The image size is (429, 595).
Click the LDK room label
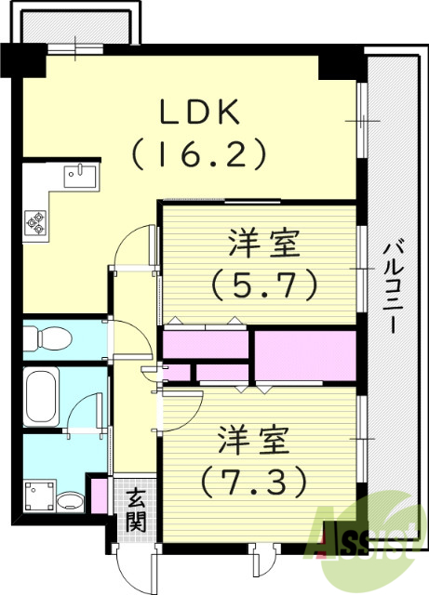(201, 113)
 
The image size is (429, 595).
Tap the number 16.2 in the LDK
(200, 152)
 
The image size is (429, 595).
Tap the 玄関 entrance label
(137, 509)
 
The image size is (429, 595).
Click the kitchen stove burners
(36, 221)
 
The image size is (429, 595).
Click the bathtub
(42, 397)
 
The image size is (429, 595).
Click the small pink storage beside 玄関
(97, 493)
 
